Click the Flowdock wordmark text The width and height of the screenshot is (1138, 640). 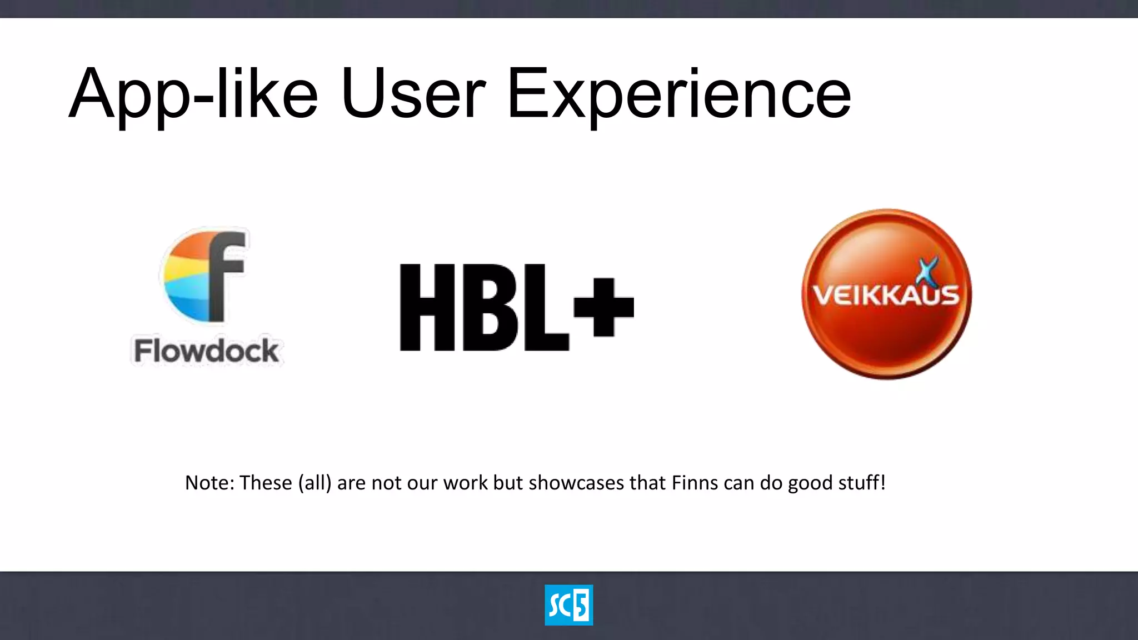(x=206, y=351)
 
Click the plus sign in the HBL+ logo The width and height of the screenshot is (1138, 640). (x=603, y=307)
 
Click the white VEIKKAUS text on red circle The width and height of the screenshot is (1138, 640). (x=886, y=295)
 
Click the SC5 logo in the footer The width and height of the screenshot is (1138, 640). (x=568, y=605)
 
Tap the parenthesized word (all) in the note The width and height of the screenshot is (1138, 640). (x=315, y=483)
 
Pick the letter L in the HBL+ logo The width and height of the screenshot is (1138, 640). (x=545, y=307)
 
